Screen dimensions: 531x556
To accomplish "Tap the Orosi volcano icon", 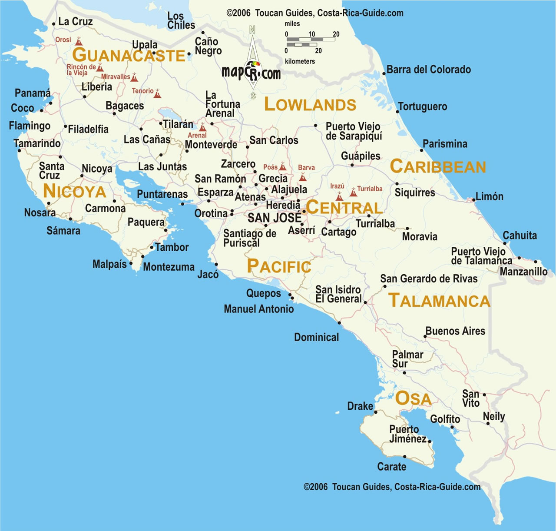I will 79,42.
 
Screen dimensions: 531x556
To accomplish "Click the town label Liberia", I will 97,87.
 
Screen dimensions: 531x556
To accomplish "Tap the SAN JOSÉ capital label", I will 274,218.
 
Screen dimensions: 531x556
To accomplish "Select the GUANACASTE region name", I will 129,56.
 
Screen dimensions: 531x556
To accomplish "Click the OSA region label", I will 413,398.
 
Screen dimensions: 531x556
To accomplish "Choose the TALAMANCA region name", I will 439,301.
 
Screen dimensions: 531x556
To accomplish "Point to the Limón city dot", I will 473,200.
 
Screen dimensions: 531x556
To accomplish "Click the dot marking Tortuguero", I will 397,112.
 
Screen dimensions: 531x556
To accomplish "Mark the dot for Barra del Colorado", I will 384,73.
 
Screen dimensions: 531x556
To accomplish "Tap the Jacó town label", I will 208,274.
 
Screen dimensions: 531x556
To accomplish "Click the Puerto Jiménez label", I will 407,434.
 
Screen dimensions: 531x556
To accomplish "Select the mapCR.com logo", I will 251,72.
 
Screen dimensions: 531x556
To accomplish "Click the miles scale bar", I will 311,40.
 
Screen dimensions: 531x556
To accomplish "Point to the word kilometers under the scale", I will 300,61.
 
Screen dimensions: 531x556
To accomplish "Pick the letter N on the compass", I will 252,30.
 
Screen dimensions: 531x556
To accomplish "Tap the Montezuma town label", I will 169,267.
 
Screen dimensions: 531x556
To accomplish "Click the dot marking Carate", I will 404,456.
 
